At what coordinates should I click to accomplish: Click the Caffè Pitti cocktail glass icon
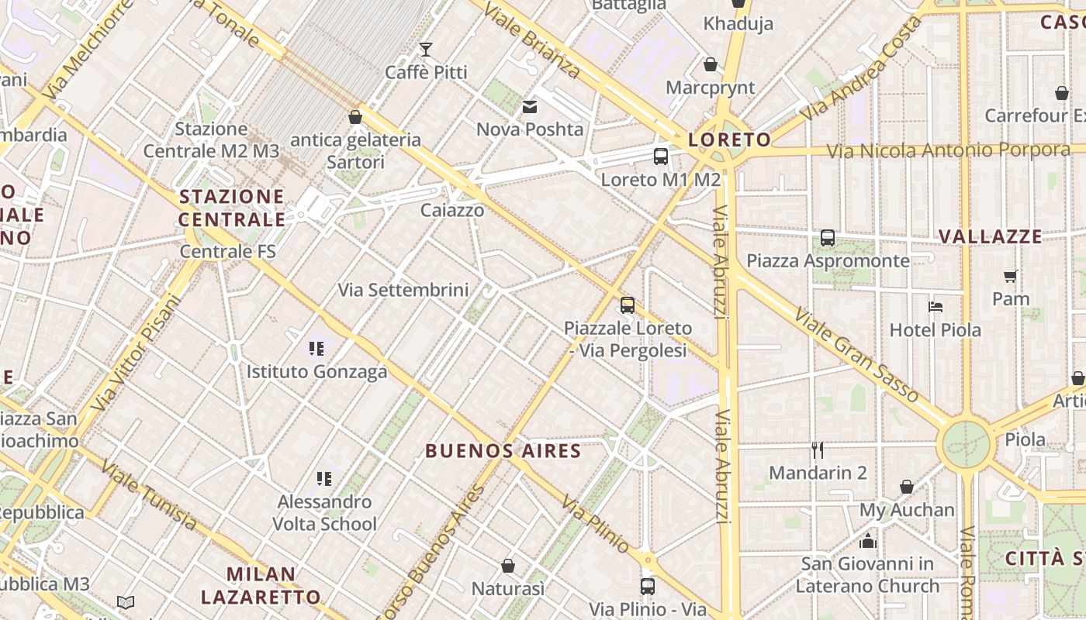coord(425,50)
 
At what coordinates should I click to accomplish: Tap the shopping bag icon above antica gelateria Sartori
coord(355,117)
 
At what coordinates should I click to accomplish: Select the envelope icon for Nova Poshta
coord(530,107)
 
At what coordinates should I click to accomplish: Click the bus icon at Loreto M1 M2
coord(661,157)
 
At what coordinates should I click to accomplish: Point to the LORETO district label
coord(729,140)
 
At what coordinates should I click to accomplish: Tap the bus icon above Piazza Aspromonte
coord(828,238)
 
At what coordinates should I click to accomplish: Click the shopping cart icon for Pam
coord(1010,276)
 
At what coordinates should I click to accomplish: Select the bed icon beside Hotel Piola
coord(936,307)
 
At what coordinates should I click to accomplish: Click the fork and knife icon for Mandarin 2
coord(817,449)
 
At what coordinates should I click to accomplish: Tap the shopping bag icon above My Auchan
coord(907,487)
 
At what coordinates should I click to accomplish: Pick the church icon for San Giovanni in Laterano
coord(867,540)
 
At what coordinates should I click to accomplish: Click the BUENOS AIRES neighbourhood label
coord(503,451)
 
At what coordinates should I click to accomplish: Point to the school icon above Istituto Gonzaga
coord(316,349)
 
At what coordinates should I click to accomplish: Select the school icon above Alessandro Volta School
coord(324,479)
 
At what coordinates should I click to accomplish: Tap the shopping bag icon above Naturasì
coord(508,567)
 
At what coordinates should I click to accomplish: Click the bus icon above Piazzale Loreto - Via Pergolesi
coord(628,305)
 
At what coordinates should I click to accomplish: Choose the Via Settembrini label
coord(403,290)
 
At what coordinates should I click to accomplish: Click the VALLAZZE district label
coord(990,236)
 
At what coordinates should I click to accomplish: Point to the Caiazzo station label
coord(452,210)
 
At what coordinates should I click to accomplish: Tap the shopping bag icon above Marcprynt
coord(710,64)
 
